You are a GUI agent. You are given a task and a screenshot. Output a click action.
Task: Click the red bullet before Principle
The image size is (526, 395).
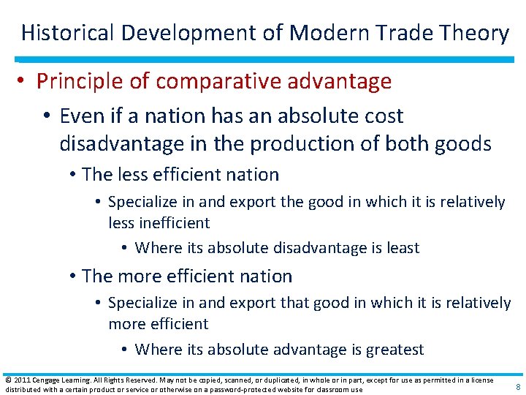[24, 82]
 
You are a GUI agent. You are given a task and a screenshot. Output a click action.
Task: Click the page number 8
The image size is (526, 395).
[517, 387]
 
